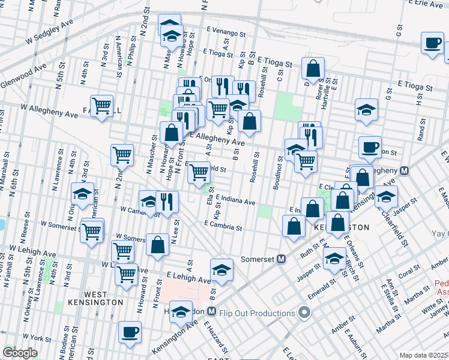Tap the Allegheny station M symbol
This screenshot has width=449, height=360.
click(405, 170)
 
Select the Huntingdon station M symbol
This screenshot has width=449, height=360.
click(211, 311)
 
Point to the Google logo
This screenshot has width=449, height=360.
click(20, 353)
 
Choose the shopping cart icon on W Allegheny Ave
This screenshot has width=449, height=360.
click(102, 106)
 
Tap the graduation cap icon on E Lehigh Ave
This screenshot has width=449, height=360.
click(221, 269)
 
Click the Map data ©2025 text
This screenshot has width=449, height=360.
click(424, 355)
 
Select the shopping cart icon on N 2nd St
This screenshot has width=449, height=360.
click(122, 154)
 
